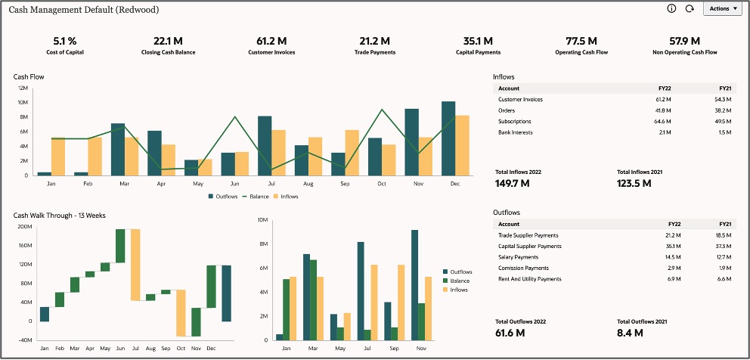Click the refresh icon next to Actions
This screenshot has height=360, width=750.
689,8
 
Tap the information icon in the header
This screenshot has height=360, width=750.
671,8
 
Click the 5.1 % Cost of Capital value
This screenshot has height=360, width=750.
64,41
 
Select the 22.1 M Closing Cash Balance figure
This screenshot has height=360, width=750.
168,41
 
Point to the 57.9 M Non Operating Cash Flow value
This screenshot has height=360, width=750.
684,41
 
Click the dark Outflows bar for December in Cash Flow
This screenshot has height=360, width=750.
448,138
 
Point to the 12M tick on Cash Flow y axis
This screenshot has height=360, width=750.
23,88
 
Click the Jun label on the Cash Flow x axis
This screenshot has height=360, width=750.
234,184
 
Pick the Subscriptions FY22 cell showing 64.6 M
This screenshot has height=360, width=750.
662,122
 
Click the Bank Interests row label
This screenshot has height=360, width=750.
516,132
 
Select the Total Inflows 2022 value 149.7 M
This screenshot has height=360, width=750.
516,182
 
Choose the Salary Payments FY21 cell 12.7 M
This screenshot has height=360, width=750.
724,257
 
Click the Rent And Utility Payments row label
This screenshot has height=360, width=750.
529,279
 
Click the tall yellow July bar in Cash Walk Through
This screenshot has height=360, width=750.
135,265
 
